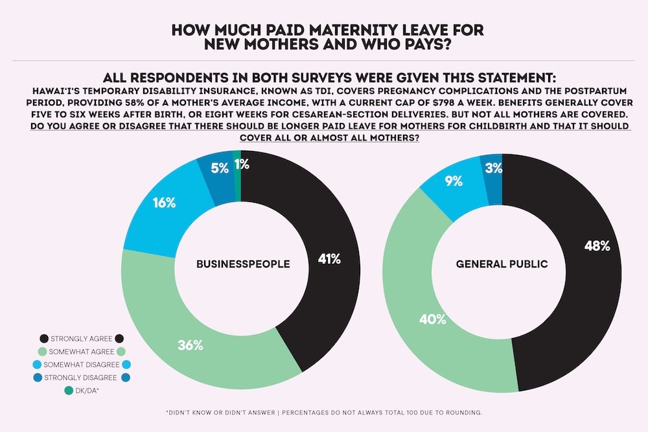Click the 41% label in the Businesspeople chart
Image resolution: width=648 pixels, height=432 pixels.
click(x=329, y=258)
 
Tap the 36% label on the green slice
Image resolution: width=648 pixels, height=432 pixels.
click(x=191, y=345)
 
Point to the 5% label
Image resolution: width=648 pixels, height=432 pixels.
click(x=219, y=168)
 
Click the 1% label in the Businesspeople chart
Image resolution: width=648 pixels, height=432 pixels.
click(x=241, y=165)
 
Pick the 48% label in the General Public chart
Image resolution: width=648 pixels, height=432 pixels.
click(x=597, y=245)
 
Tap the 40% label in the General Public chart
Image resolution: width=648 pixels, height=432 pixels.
click(x=415, y=319)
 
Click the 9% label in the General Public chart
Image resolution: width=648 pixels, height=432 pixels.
click(x=454, y=181)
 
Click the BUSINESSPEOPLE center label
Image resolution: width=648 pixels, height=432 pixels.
click(x=243, y=264)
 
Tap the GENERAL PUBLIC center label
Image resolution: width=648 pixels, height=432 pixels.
click(x=502, y=264)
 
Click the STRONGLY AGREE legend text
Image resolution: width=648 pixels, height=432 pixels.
click(x=81, y=338)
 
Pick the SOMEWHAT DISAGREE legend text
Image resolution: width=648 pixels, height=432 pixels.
click(x=82, y=364)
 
